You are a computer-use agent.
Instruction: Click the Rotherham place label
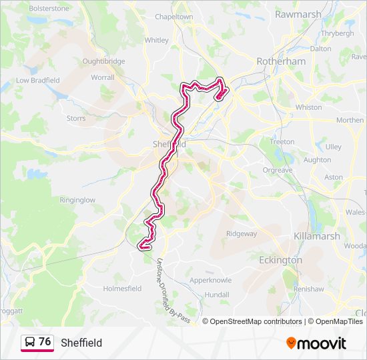click(x=281, y=61)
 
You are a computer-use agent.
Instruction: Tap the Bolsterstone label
click(x=48, y=8)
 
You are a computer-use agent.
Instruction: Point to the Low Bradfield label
click(x=38, y=80)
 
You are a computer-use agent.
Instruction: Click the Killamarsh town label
click(x=317, y=236)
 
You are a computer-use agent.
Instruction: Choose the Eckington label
click(x=280, y=260)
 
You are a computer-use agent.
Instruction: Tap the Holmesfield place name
click(x=122, y=289)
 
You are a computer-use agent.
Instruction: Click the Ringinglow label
click(x=77, y=199)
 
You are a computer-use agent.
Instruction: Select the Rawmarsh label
click(x=298, y=14)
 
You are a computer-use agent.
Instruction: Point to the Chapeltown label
click(x=173, y=16)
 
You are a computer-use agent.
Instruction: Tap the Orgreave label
click(x=277, y=170)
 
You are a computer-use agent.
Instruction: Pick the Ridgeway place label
click(x=241, y=233)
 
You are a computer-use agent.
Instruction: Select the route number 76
click(x=45, y=342)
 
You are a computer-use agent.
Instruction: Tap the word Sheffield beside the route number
click(x=81, y=343)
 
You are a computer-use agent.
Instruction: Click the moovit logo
click(x=316, y=343)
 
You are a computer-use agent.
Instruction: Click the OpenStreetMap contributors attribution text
click(x=256, y=321)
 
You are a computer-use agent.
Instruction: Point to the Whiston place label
click(x=308, y=107)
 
